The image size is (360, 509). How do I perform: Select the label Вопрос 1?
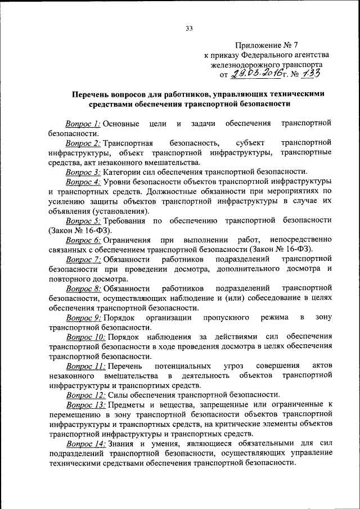tap(83, 123)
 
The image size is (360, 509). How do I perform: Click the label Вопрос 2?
tap(83, 143)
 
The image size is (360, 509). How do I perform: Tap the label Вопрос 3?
tap(83, 172)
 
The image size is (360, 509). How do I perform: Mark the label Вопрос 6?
tap(83, 240)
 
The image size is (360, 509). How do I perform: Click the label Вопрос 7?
tap(83, 259)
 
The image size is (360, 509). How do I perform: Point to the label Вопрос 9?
tap(83, 318)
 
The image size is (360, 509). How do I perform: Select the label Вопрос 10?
tap(85, 337)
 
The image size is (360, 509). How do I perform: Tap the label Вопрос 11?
tap(85, 366)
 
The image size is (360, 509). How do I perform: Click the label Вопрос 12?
tap(85, 395)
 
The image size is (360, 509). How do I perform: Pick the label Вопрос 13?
tap(85, 405)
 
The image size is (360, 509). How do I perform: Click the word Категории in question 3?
tap(124, 172)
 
